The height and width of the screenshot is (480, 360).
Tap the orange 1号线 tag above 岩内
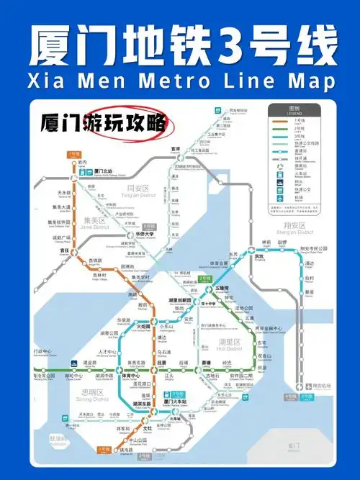coord(73,154)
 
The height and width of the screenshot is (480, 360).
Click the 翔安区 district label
coord(293,224)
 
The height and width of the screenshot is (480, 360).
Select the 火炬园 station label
coord(145,326)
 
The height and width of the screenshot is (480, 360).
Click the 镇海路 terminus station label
coord(129,451)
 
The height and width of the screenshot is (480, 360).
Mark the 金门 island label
coord(293,445)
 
